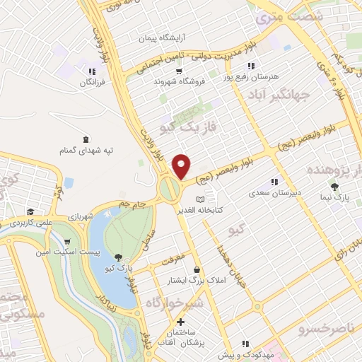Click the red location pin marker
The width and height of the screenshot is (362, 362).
182,165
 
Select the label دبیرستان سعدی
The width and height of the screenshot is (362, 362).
274,192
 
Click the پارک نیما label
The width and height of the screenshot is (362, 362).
334,199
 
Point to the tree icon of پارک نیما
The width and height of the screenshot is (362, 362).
334,187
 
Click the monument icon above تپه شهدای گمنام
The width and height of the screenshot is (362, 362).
86,139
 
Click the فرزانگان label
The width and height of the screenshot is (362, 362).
92,83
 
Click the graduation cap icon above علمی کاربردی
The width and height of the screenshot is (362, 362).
30,211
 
